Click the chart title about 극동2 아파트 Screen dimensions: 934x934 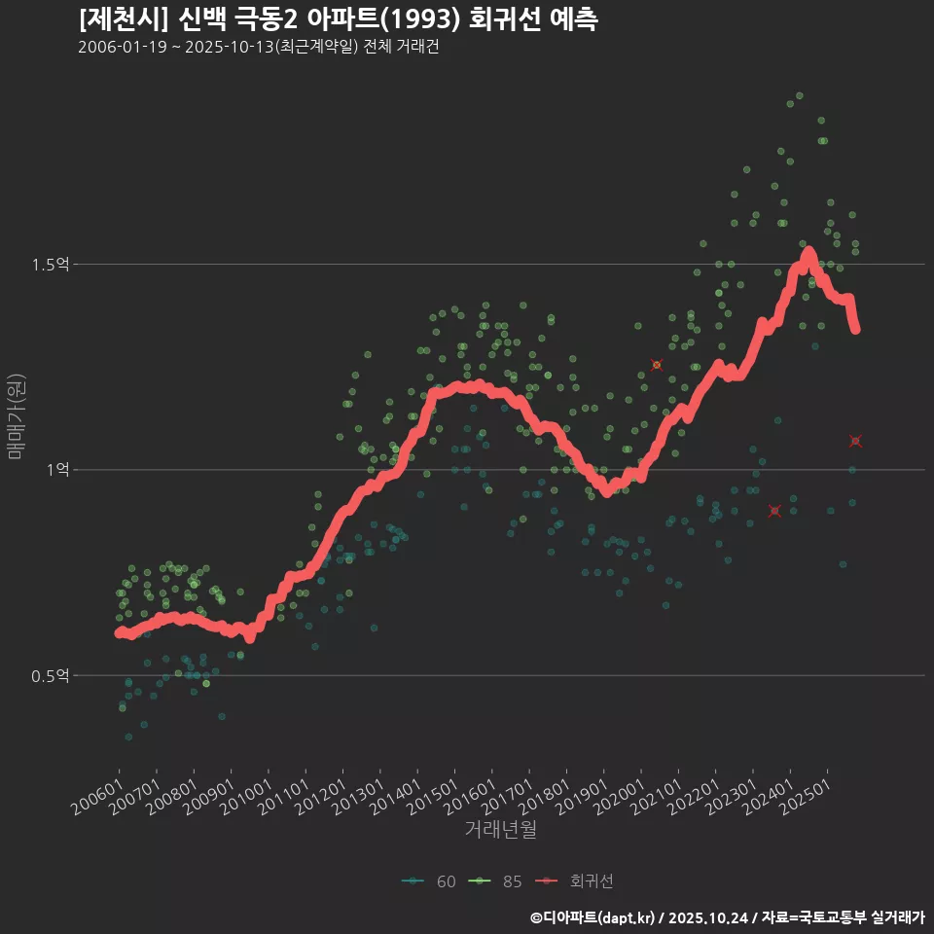pyautogui.click(x=338, y=18)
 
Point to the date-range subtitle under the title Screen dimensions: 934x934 pyautogui.click(x=258, y=47)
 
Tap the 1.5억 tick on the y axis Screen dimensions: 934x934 pyautogui.click(x=52, y=265)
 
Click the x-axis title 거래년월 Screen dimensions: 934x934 pyautogui.click(x=500, y=829)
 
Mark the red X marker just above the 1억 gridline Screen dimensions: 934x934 pyautogui.click(x=855, y=442)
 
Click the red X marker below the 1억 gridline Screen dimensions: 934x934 pyautogui.click(x=774, y=511)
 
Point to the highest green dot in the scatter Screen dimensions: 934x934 pyautogui.click(x=799, y=95)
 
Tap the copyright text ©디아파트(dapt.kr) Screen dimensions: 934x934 pyautogui.click(x=593, y=917)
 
